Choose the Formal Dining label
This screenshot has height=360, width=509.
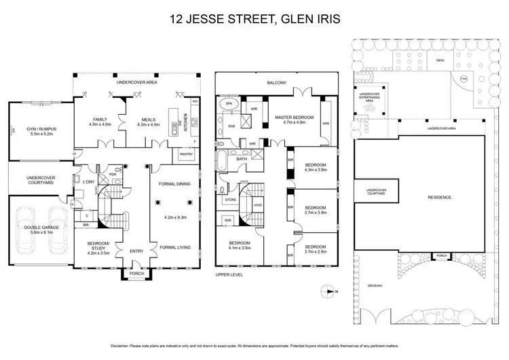click(x=174, y=184)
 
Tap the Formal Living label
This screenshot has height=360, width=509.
click(x=174, y=247)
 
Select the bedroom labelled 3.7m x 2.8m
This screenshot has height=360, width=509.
click(x=316, y=249)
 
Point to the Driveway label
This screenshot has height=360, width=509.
click(x=375, y=285)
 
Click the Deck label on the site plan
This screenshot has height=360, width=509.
click(x=440, y=60)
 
